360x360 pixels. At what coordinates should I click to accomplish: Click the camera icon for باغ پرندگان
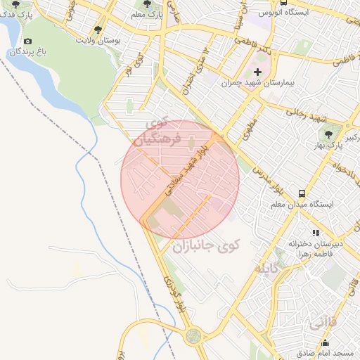coord(28,41)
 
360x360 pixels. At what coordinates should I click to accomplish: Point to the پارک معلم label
coord(146,13)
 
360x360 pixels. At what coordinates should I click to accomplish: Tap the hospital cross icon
coord(257,72)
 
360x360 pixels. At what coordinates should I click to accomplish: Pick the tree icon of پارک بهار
coord(328,133)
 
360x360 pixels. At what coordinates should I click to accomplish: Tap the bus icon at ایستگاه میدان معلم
coord(302,193)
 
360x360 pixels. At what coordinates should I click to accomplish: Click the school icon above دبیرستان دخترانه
coord(316,233)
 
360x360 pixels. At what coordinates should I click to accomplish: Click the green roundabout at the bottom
coord(192,336)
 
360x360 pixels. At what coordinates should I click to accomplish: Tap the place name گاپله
coord(269,268)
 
